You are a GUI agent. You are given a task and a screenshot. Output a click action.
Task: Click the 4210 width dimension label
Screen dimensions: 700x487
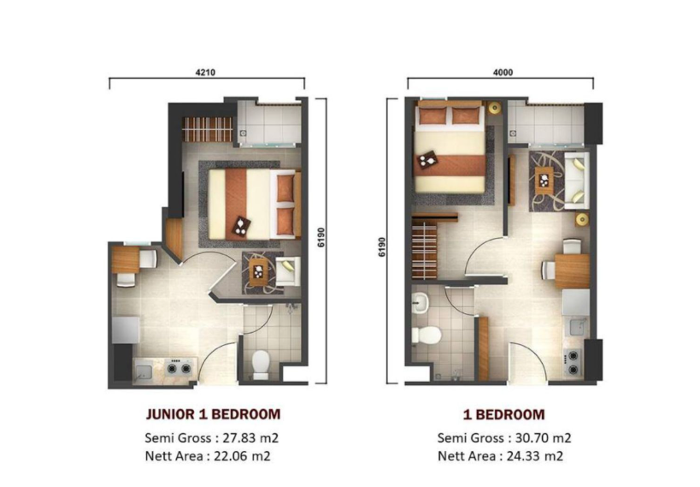[x=205, y=73]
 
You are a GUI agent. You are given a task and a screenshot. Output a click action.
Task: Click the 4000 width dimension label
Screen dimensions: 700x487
[x=503, y=73]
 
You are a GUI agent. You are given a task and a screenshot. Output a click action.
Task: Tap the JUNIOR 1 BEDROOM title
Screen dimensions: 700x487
[x=213, y=414]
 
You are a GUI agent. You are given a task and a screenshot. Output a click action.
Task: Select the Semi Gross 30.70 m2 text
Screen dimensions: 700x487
[x=504, y=438]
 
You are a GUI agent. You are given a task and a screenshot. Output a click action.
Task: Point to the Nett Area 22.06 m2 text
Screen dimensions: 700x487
[x=208, y=456]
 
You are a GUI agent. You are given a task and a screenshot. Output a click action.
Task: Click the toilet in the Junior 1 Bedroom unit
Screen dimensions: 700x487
[x=261, y=365]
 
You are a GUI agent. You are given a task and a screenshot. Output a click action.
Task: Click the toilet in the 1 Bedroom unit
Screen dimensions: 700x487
[x=426, y=336]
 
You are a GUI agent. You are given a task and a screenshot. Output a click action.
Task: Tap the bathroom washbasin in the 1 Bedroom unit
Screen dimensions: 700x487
[x=420, y=304]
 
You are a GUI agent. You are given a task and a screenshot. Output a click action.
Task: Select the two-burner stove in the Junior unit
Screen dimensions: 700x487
[x=179, y=368]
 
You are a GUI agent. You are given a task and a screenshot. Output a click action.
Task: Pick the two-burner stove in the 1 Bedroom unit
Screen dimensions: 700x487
[x=573, y=363]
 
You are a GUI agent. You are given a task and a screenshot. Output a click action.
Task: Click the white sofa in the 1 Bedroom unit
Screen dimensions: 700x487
[x=577, y=181]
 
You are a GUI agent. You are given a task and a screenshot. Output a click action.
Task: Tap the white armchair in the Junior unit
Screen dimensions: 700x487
[x=287, y=271]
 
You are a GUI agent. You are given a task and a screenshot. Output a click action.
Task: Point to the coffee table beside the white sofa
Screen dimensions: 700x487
[x=544, y=181]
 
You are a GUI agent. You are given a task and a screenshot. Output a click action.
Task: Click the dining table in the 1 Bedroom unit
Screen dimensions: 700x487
[x=572, y=271]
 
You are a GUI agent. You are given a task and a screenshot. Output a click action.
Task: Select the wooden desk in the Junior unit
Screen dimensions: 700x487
[x=126, y=260]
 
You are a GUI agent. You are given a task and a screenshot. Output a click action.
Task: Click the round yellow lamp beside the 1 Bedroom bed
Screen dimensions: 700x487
[x=494, y=108]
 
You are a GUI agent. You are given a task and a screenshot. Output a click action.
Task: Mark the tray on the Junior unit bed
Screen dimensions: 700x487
[x=241, y=226]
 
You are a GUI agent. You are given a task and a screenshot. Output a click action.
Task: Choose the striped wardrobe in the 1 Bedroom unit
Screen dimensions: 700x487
[x=424, y=251]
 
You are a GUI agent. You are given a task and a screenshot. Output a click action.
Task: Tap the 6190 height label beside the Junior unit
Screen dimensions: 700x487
[x=321, y=237]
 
